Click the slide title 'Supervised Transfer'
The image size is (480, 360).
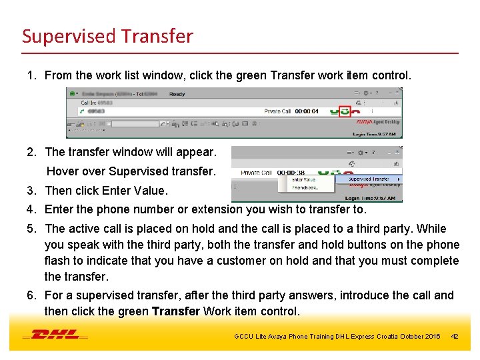[107, 35]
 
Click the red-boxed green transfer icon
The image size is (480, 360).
[344, 111]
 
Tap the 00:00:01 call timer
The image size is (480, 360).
[307, 111]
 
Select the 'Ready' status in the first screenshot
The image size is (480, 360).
[177, 94]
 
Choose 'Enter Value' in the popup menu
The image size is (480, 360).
[304, 179]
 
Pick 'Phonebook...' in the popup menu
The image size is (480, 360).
[306, 188]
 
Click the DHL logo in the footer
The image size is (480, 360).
[55, 335]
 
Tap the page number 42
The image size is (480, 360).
[455, 336]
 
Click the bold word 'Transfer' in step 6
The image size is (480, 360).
[176, 311]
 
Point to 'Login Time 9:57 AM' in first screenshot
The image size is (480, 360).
[375, 134]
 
